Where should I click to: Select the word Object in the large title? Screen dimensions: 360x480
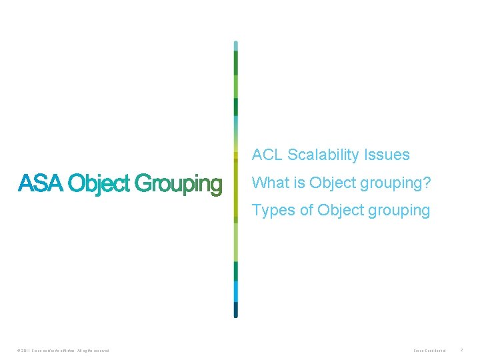(x=99, y=184)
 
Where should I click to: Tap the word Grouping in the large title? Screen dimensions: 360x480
(x=178, y=185)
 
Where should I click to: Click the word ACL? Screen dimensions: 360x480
(x=267, y=155)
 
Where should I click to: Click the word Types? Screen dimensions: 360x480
(x=273, y=211)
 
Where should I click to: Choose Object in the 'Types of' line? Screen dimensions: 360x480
(x=342, y=210)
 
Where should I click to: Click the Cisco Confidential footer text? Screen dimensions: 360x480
(x=429, y=350)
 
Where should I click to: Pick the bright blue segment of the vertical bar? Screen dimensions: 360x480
(x=235, y=291)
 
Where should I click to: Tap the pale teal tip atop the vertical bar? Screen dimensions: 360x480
(x=235, y=45)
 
